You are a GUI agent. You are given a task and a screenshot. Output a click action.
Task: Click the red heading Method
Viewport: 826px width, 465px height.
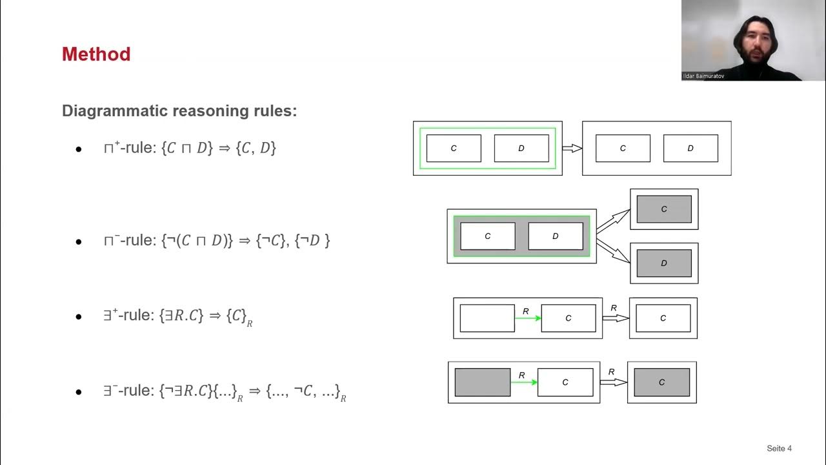coord(96,54)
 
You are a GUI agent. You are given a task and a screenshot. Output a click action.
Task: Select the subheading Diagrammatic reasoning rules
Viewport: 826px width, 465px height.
coord(179,110)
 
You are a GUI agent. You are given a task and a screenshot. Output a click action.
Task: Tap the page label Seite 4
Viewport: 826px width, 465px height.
coord(779,448)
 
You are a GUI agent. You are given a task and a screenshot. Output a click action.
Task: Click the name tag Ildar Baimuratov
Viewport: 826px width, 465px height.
coord(704,76)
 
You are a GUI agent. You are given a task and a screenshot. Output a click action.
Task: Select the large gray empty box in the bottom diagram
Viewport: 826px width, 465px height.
coord(482,382)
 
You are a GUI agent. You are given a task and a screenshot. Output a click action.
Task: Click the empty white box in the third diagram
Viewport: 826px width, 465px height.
coord(487,318)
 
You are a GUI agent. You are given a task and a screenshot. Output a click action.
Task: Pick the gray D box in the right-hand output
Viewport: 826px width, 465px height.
coord(664,263)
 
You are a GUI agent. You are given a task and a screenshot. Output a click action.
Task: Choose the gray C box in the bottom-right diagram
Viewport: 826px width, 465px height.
coord(661,382)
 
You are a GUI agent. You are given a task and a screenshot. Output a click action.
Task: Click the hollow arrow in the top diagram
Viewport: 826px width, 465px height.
coord(572,149)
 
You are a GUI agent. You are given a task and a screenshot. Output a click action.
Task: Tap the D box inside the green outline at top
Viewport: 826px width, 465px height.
coord(521,148)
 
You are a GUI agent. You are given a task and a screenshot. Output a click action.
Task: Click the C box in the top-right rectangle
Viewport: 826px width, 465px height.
coord(623,148)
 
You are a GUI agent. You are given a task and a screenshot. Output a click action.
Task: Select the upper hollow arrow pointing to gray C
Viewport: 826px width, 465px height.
coord(613,221)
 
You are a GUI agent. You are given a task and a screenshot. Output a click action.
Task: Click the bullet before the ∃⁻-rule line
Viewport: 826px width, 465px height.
coord(79,392)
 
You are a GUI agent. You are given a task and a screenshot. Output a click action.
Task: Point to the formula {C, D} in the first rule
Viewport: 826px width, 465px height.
coord(256,148)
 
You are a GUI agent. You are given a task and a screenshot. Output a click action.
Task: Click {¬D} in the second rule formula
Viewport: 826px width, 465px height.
coord(312,240)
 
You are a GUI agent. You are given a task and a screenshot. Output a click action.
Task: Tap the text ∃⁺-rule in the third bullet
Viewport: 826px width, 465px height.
coord(128,316)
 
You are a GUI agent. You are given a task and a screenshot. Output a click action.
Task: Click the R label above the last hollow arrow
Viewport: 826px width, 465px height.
coord(611,372)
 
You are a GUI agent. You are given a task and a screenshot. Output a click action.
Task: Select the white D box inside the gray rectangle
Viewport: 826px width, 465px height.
coord(555,236)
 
